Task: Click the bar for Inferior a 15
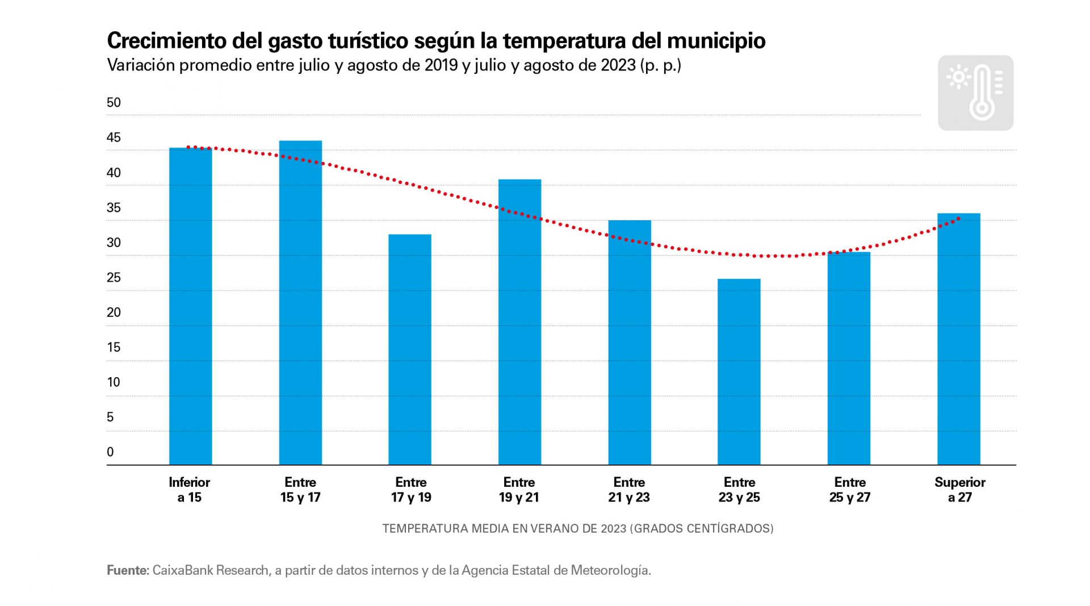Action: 190,307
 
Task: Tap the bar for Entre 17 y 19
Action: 410,349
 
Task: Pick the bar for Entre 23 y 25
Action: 739,372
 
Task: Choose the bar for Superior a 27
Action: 958,339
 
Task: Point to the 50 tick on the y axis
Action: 114,103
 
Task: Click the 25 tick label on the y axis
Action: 114,278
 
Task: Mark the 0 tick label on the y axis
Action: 110,452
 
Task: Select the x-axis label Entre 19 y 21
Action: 519,490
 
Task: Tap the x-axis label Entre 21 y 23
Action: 629,490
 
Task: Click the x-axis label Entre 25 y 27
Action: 849,490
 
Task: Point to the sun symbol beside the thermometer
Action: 959,77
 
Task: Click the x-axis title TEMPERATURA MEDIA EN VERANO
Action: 504,529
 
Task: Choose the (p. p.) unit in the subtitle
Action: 660,65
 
